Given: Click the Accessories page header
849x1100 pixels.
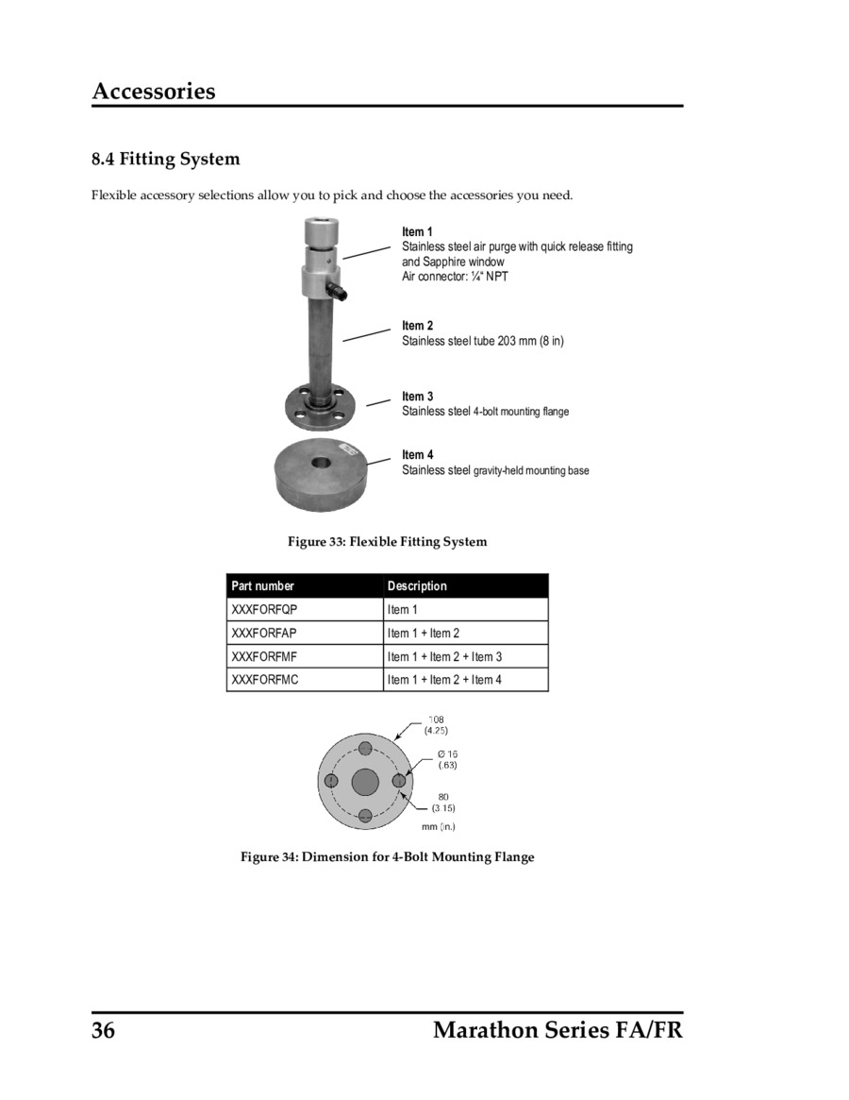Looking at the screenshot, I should pos(154,92).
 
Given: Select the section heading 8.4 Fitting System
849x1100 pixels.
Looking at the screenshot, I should pos(166,159).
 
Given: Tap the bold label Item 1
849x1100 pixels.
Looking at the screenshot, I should pos(417,232).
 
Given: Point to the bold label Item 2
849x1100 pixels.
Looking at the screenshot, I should pos(417,326).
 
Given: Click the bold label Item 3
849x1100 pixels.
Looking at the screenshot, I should pos(417,397).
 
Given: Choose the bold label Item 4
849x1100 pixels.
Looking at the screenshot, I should pos(417,455).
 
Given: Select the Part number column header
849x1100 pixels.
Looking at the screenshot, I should pos(263,586).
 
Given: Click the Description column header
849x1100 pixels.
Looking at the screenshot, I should pos(417,586).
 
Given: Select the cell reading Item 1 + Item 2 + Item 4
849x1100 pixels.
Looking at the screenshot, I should pos(444,680).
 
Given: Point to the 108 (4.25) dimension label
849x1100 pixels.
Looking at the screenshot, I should pos(436,725).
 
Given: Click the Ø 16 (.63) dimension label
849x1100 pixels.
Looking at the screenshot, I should pos(447,759).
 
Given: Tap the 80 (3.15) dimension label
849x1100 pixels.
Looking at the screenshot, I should pos(443,803).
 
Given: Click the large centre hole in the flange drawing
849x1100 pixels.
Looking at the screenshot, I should pos(365,782).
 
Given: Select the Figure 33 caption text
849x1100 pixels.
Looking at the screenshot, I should pos(387,542).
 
